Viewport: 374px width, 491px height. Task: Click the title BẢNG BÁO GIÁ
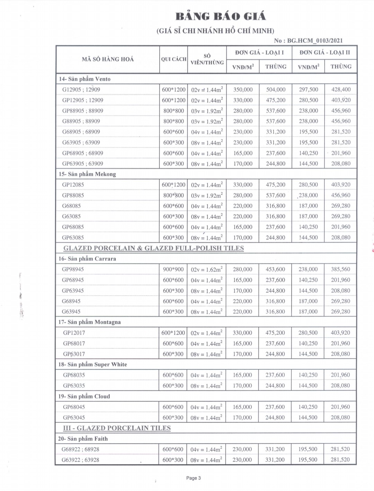click(x=221, y=16)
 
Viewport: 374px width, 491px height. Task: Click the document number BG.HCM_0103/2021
click(x=315, y=41)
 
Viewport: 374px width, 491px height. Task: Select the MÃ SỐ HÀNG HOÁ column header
click(x=108, y=59)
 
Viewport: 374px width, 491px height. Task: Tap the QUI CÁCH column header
click(x=173, y=59)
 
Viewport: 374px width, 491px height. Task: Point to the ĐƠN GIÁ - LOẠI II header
click(x=324, y=52)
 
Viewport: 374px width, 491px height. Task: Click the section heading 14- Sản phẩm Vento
click(x=85, y=79)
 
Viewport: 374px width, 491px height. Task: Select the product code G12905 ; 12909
click(x=81, y=90)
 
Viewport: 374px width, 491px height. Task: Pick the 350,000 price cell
click(x=243, y=90)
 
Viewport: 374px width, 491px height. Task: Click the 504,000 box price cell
click(x=276, y=90)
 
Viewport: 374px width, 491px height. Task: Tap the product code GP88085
click(x=73, y=195)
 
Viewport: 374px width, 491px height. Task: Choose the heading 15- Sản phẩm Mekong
click(x=87, y=174)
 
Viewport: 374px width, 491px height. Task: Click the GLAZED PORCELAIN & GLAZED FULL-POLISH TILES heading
click(x=154, y=248)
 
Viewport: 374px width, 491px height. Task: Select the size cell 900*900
click(x=173, y=269)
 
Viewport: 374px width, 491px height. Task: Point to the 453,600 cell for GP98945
click(x=275, y=269)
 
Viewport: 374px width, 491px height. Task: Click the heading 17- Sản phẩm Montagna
click(x=89, y=322)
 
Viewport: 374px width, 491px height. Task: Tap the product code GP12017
click(x=74, y=333)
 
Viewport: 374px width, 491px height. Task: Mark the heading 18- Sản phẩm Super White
click(x=92, y=365)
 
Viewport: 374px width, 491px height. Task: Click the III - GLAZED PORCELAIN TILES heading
click(x=117, y=428)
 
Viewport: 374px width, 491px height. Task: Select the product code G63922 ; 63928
click(x=80, y=460)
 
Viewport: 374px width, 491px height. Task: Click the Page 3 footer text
click(x=194, y=478)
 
